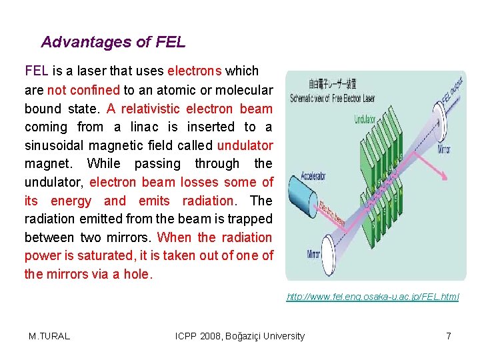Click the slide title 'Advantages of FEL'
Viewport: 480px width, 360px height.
(x=113, y=42)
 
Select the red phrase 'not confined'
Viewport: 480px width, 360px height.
(x=83, y=89)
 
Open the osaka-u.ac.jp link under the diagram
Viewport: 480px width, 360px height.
(x=373, y=297)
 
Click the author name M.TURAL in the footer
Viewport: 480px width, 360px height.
(x=49, y=336)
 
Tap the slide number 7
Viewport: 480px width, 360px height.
(x=449, y=336)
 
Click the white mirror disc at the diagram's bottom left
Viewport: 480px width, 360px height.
(x=328, y=252)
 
